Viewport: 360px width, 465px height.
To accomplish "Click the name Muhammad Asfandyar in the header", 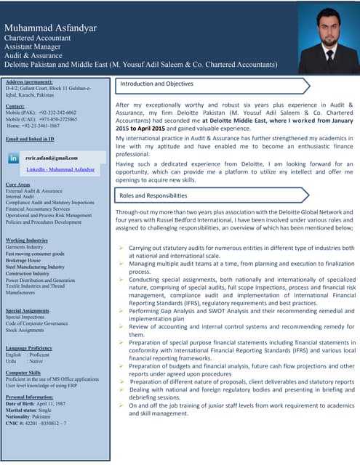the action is [x=50, y=28].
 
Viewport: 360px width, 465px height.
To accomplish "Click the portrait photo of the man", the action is [x=329, y=40].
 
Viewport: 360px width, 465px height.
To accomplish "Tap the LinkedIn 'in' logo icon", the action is [x=14, y=158].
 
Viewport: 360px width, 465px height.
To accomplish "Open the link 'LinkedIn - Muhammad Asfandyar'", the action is [x=60, y=169].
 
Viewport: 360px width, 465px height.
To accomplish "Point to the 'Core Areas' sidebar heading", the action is [x=17, y=185].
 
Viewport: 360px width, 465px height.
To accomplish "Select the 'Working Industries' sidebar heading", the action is [x=26, y=240].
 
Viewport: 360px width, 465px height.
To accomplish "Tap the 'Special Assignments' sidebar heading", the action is [x=28, y=310].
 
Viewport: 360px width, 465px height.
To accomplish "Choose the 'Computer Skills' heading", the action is [x=23, y=373].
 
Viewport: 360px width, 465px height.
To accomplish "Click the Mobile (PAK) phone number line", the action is [x=41, y=113].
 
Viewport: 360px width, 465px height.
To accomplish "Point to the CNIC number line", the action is [x=36, y=423].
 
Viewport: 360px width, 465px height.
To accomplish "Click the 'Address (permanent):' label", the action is [x=30, y=81].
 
